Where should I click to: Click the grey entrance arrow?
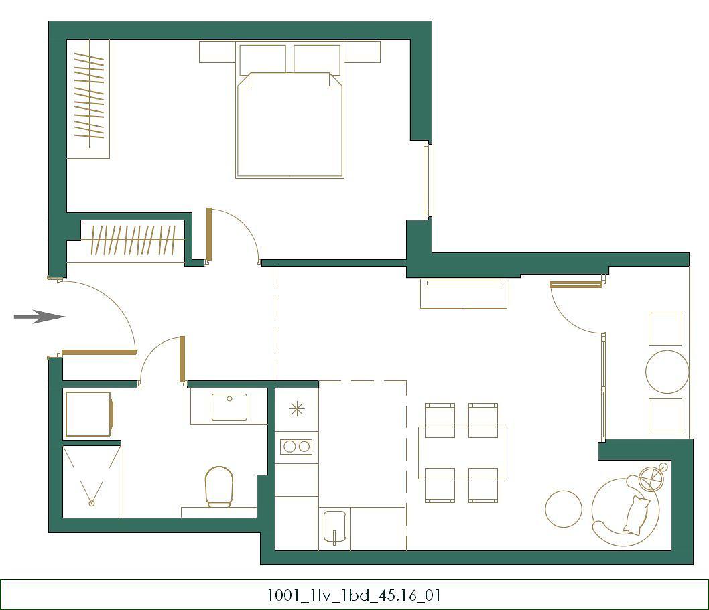pos(40,317)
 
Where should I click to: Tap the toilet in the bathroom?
pos(219,486)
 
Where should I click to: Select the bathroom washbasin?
pos(229,406)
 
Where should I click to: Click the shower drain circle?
pos(92,503)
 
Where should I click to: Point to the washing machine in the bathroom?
pos(89,414)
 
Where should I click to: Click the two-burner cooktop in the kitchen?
pos(297,447)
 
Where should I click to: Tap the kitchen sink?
pos(334,526)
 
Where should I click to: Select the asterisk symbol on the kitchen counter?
pos(297,409)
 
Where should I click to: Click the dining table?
pos(462,453)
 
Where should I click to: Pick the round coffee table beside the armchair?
pos(564,510)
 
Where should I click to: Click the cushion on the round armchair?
pos(637,516)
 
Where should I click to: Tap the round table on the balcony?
pos(667,372)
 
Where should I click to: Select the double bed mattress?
pos(290,125)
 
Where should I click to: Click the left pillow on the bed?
pos(263,59)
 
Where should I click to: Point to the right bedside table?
pos(362,52)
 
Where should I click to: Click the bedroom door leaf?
pos(209,234)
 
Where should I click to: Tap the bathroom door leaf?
pos(182,359)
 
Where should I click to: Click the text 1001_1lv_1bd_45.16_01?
pos(354,595)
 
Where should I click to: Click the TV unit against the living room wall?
pos(464,294)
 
